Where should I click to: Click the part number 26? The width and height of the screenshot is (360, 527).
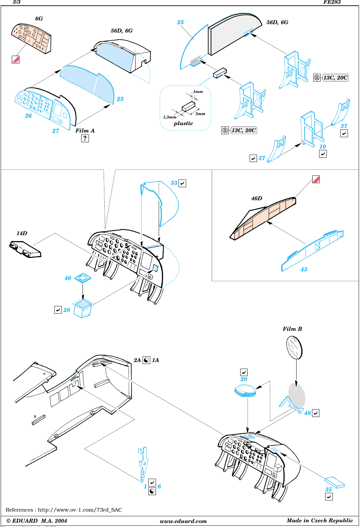pyautogui.click(x=28, y=116)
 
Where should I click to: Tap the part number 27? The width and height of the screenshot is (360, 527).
pyautogui.click(x=56, y=131)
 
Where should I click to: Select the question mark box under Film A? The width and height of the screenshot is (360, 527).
pyautogui.click(x=85, y=138)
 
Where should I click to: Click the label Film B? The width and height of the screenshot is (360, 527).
pyautogui.click(x=292, y=329)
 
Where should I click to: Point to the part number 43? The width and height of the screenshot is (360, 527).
pyautogui.click(x=304, y=269)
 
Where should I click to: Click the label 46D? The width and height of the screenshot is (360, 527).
pyautogui.click(x=256, y=198)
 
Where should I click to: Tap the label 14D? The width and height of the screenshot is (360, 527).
pyautogui.click(x=22, y=233)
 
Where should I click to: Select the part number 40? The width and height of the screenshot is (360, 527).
pyautogui.click(x=68, y=278)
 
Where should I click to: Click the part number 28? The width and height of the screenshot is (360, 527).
pyautogui.click(x=66, y=310)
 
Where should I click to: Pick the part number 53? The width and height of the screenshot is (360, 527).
pyautogui.click(x=174, y=183)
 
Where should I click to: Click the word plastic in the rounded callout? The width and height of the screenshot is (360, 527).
pyautogui.click(x=183, y=123)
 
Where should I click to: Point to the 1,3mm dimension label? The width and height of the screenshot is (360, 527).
pyautogui.click(x=170, y=117)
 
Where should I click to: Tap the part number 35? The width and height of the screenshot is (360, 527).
pyautogui.click(x=328, y=489)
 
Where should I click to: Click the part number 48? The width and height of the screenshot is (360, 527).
pyautogui.click(x=308, y=413)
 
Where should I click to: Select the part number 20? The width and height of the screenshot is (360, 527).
pyautogui.click(x=244, y=379)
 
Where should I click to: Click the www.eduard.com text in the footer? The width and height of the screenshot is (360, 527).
pyautogui.click(x=183, y=521)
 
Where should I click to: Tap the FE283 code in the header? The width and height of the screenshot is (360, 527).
pyautogui.click(x=332, y=2)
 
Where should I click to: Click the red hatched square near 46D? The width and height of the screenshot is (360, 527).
pyautogui.click(x=316, y=179)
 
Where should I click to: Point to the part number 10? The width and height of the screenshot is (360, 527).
pyautogui.click(x=322, y=147)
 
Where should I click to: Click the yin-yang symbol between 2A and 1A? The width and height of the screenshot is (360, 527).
pyautogui.click(x=146, y=360)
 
